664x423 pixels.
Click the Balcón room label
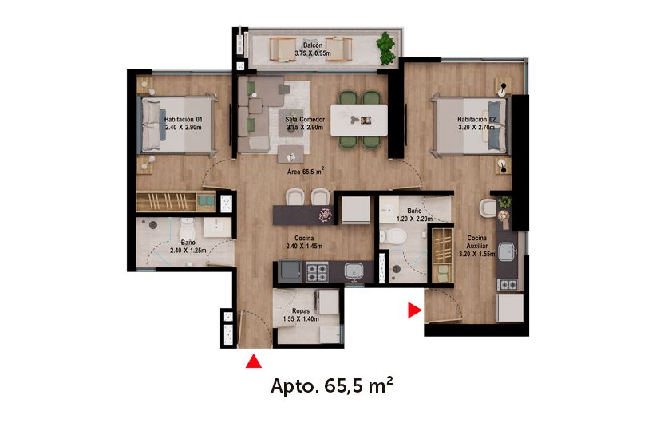(312, 45)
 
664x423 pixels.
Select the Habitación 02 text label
(476, 120)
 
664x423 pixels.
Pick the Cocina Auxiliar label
(477, 243)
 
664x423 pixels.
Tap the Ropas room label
(300, 310)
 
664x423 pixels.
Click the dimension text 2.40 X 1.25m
(188, 251)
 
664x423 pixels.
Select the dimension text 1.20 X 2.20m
(414, 218)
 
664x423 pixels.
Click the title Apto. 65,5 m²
(331, 388)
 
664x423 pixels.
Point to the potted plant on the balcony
(386, 48)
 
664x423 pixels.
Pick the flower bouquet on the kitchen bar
(326, 215)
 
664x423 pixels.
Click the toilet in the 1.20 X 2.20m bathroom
(392, 237)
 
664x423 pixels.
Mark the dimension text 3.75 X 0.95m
(312, 53)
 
